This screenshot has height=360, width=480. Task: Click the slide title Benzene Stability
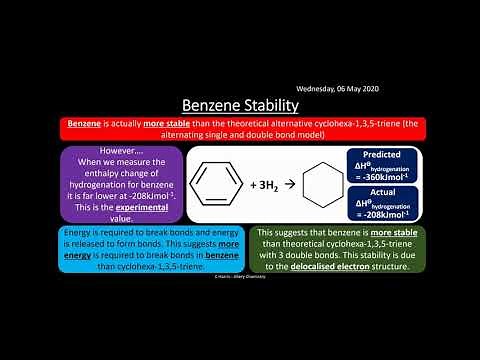point(239,104)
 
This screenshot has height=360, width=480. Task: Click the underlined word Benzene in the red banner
point(86,122)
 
